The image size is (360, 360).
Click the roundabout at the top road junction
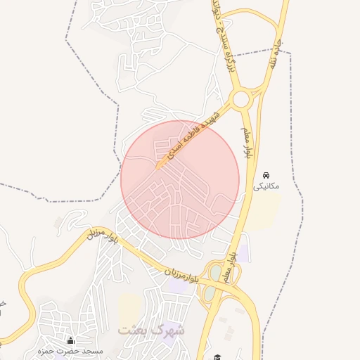pos(241,99)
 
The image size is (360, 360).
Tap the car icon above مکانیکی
pos(266,174)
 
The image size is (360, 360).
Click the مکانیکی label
pos(266,186)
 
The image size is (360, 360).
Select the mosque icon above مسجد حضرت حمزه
pos(70,340)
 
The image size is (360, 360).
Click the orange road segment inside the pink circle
pos(161,166)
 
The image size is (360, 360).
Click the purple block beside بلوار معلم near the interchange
pos(243,255)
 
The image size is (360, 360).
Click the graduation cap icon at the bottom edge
pos(218,357)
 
